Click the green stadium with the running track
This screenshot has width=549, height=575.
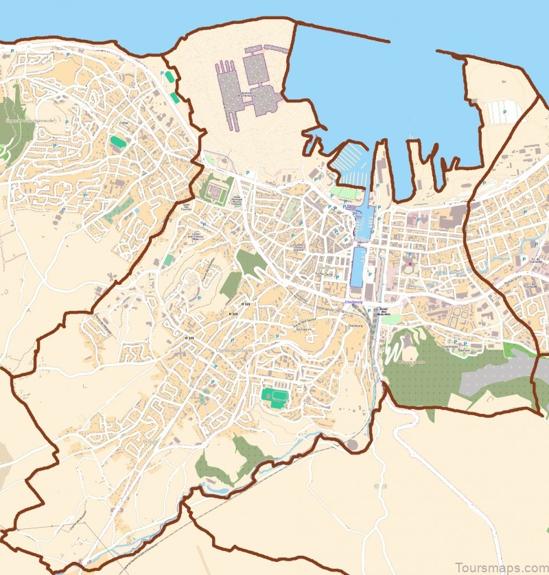(274, 397)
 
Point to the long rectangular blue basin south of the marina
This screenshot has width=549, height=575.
(358, 268)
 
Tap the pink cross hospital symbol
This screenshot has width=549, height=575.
(410, 264)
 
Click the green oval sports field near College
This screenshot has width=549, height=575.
(118, 142)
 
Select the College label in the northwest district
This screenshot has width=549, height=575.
(124, 124)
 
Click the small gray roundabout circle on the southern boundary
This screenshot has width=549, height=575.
(353, 445)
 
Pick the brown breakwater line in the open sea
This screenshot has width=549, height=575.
(342, 32)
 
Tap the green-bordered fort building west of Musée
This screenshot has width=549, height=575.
(218, 189)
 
